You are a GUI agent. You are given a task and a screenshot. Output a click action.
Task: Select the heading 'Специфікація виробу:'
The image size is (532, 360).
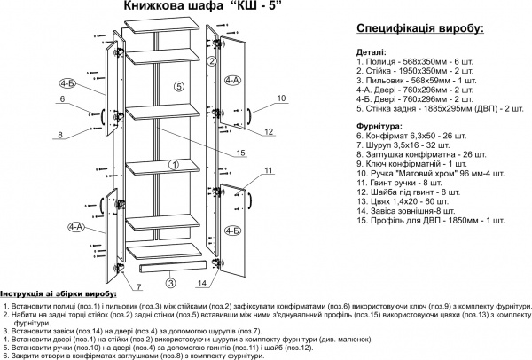(x=411, y=29)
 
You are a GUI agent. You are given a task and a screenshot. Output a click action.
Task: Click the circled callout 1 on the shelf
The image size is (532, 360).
(x=173, y=165)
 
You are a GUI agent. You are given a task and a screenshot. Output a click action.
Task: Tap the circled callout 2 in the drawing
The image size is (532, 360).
(x=212, y=61)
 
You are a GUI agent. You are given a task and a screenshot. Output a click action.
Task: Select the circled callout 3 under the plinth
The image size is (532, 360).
(x=169, y=284)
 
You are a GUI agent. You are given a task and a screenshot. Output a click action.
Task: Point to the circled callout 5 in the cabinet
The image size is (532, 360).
(x=177, y=87)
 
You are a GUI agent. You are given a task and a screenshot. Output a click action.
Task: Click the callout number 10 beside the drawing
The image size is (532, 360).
(x=281, y=98)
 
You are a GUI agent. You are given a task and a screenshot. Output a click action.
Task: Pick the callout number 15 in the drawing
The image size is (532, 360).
(x=239, y=153)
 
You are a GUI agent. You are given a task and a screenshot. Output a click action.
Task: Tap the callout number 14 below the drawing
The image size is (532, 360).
(x=202, y=284)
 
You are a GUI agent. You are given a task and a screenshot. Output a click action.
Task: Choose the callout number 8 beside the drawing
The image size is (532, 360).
(x=60, y=135)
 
